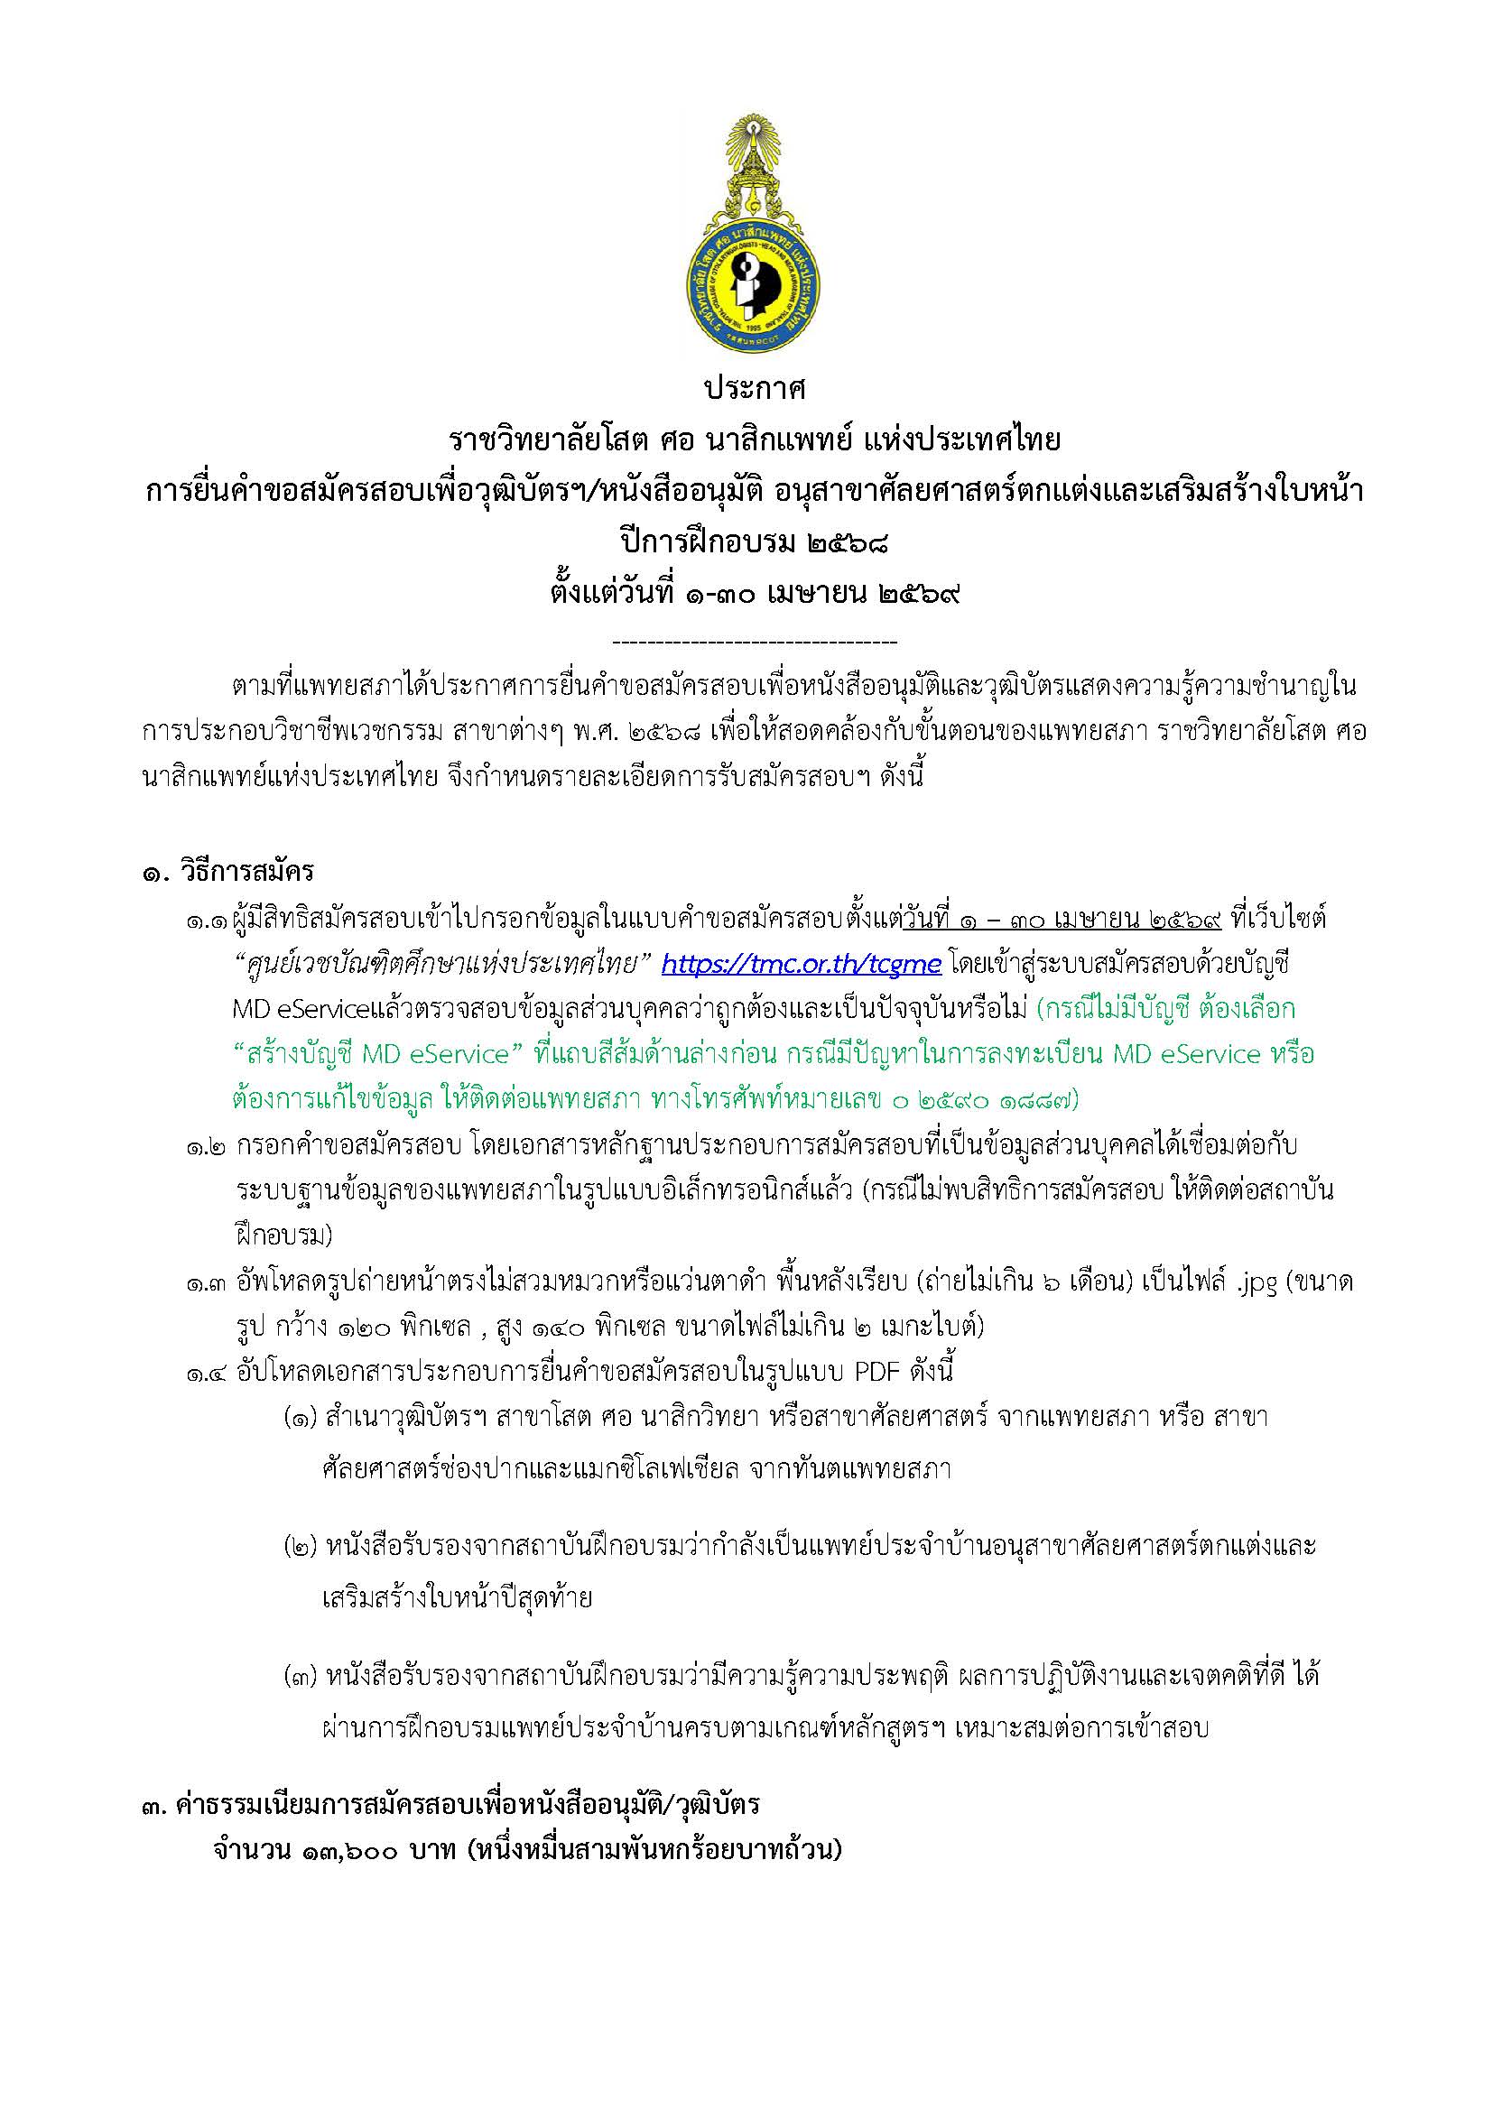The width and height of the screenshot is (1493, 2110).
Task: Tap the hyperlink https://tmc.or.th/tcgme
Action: [x=801, y=964]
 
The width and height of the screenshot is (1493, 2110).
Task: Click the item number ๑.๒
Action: [x=208, y=1147]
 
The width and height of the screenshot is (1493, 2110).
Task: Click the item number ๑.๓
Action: [x=208, y=1284]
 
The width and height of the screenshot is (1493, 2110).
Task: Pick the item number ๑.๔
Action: [x=208, y=1374]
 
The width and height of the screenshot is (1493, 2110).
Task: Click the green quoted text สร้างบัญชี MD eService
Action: [x=377, y=1055]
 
